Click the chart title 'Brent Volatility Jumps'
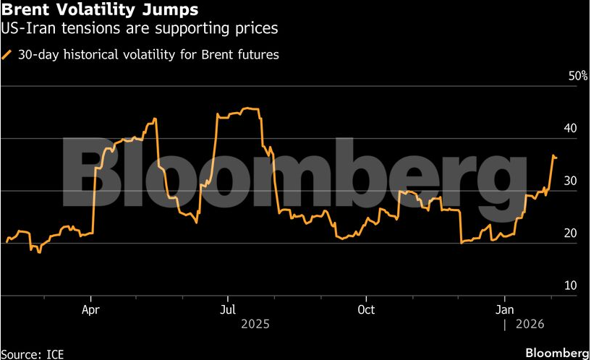click(x=101, y=11)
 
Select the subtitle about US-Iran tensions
click(x=140, y=29)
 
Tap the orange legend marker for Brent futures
click(x=7, y=54)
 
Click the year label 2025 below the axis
click(x=255, y=325)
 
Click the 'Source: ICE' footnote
click(x=31, y=353)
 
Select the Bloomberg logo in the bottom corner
click(x=556, y=353)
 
